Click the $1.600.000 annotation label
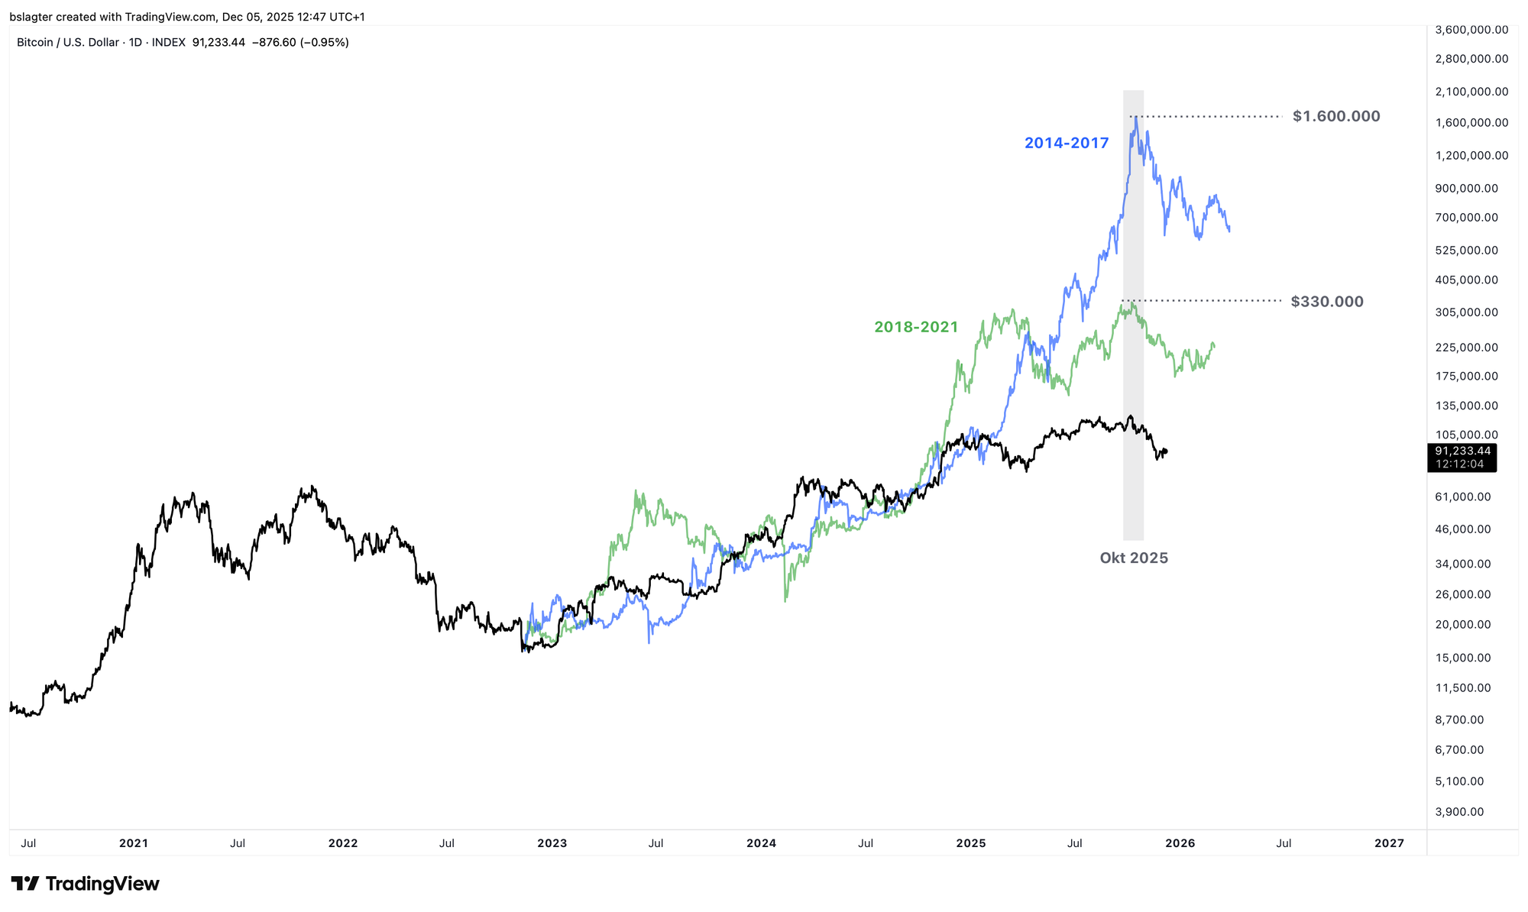tap(1336, 116)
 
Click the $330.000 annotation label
tap(1327, 302)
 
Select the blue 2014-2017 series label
tap(1067, 143)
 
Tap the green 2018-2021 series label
tap(916, 327)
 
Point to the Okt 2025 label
tap(1134, 558)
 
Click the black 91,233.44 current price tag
tap(1462, 451)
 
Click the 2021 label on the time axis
tap(134, 843)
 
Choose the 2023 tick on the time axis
tap(552, 843)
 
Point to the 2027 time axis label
tap(1389, 843)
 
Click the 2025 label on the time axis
tap(970, 843)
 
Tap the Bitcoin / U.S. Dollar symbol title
tap(67, 42)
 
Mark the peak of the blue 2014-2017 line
tap(1136, 116)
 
